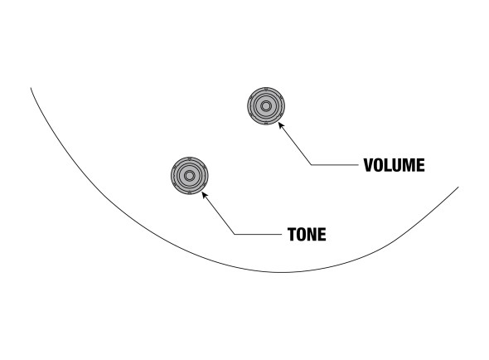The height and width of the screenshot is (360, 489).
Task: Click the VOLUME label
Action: pyautogui.click(x=394, y=165)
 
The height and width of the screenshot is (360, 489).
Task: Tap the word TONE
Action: pyautogui.click(x=307, y=235)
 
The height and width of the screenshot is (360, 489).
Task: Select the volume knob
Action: pyautogui.click(x=266, y=106)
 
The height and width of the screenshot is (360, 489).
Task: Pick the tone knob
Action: pyautogui.click(x=190, y=176)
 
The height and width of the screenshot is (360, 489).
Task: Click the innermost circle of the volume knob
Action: pyautogui.click(x=266, y=106)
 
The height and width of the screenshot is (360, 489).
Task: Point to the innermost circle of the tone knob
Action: pyautogui.click(x=189, y=176)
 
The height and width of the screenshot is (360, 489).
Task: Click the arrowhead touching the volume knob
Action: pyautogui.click(x=281, y=125)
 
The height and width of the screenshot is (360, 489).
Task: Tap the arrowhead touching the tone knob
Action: pyautogui.click(x=204, y=195)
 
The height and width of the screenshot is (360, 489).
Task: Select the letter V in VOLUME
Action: pyautogui.click(x=369, y=165)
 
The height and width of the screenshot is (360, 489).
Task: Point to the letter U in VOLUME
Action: pyautogui.click(x=397, y=165)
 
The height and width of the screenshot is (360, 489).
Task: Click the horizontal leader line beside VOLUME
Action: pyautogui.click(x=335, y=165)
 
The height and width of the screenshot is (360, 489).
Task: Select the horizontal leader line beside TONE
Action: pyautogui.click(x=259, y=234)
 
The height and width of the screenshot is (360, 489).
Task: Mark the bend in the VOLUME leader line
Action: pyautogui.click(x=312, y=165)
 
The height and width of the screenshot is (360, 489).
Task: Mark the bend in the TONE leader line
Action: pyautogui.click(x=235, y=234)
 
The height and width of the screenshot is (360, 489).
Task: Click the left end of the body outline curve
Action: pyautogui.click(x=31, y=88)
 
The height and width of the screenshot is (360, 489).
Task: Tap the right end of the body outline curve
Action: pyautogui.click(x=458, y=187)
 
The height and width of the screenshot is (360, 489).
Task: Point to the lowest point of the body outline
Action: pyautogui.click(x=281, y=273)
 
